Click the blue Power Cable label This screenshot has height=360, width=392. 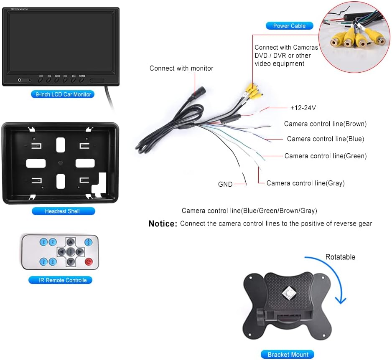[289, 26]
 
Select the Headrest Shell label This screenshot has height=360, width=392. [62, 211]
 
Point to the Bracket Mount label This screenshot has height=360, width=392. [288, 355]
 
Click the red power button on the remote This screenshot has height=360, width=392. [88, 262]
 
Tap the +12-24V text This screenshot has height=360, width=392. [303, 108]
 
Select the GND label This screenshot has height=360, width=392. [225, 184]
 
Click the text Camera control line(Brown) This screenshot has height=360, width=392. [325, 124]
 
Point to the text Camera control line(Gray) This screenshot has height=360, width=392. [305, 183]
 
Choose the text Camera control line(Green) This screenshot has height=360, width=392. [326, 156]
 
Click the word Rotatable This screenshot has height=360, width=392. [340, 257]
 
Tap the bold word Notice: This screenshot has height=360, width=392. [163, 224]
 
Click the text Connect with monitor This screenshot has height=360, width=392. [181, 68]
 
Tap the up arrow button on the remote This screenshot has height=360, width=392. [71, 242]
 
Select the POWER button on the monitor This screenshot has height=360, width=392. [82, 79]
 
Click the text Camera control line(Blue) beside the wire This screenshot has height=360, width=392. [325, 139]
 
